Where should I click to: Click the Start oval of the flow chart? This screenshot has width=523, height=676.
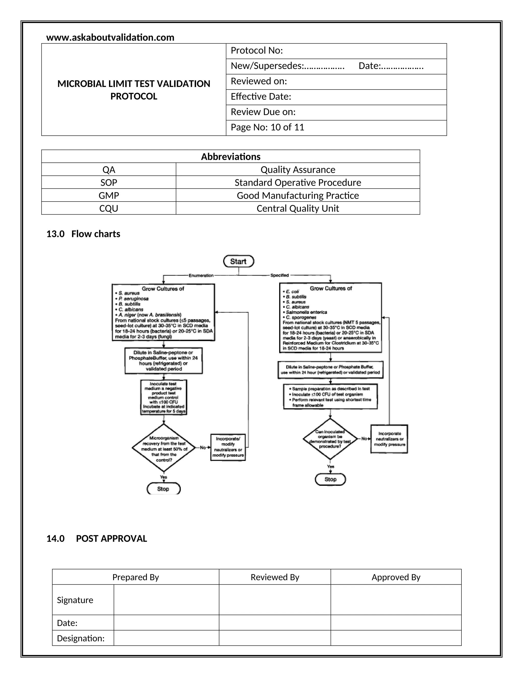238,261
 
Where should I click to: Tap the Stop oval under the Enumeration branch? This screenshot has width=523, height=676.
163,489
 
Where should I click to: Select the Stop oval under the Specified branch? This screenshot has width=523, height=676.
330,479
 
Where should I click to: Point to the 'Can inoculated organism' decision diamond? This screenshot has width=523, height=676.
330,439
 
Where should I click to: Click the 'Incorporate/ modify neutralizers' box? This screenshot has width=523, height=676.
228,447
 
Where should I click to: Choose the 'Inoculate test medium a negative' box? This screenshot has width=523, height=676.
164,397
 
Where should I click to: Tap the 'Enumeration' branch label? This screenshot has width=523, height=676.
201,276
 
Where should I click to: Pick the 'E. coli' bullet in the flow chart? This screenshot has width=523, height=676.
292,292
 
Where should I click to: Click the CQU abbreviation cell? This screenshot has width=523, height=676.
109,208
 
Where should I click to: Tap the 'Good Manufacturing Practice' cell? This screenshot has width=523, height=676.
298,195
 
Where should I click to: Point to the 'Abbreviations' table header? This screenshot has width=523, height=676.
231,157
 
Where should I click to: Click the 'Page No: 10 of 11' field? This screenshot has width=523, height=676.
267,127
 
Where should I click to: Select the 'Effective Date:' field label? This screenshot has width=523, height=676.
261,97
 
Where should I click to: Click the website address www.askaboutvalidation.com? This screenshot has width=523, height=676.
110,37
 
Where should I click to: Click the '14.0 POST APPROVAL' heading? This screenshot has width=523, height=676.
97,539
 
